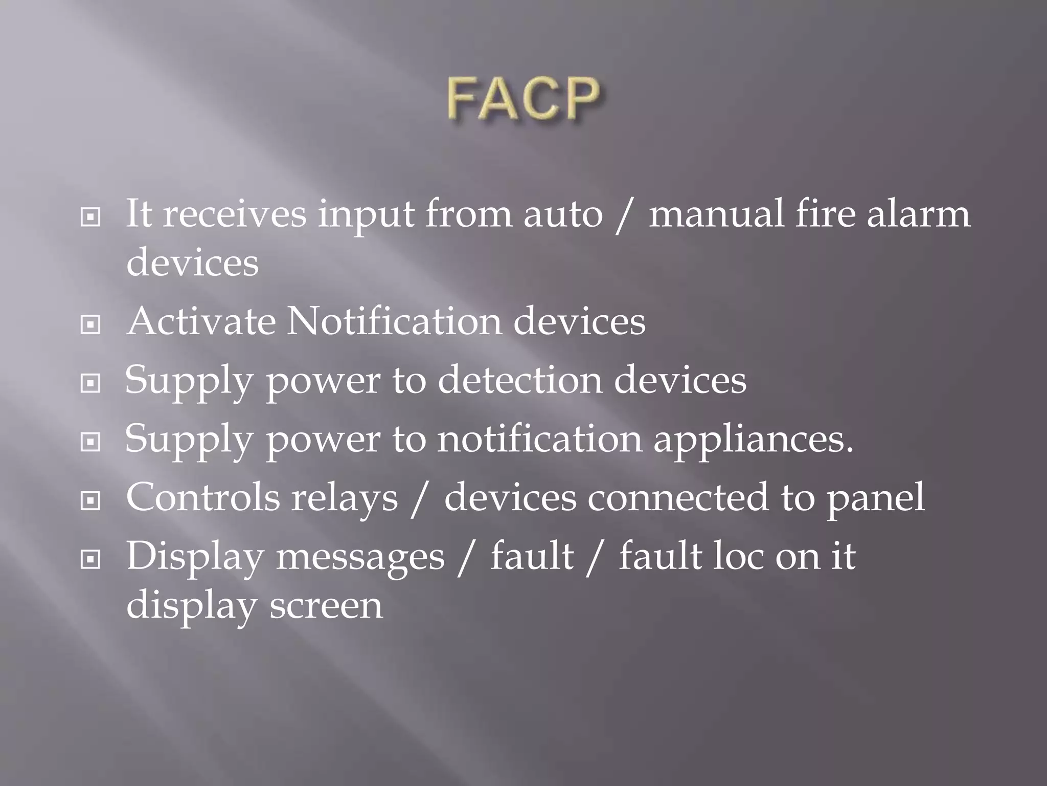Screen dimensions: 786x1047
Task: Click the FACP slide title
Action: click(522, 99)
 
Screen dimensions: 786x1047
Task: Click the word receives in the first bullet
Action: click(235, 214)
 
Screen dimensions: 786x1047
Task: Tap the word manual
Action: click(716, 214)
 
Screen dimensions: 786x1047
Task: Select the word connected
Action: click(677, 497)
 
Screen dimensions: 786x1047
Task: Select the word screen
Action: click(326, 606)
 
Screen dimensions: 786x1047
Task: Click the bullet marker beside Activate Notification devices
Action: click(90, 324)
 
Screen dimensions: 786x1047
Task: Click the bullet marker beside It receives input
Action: click(90, 218)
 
